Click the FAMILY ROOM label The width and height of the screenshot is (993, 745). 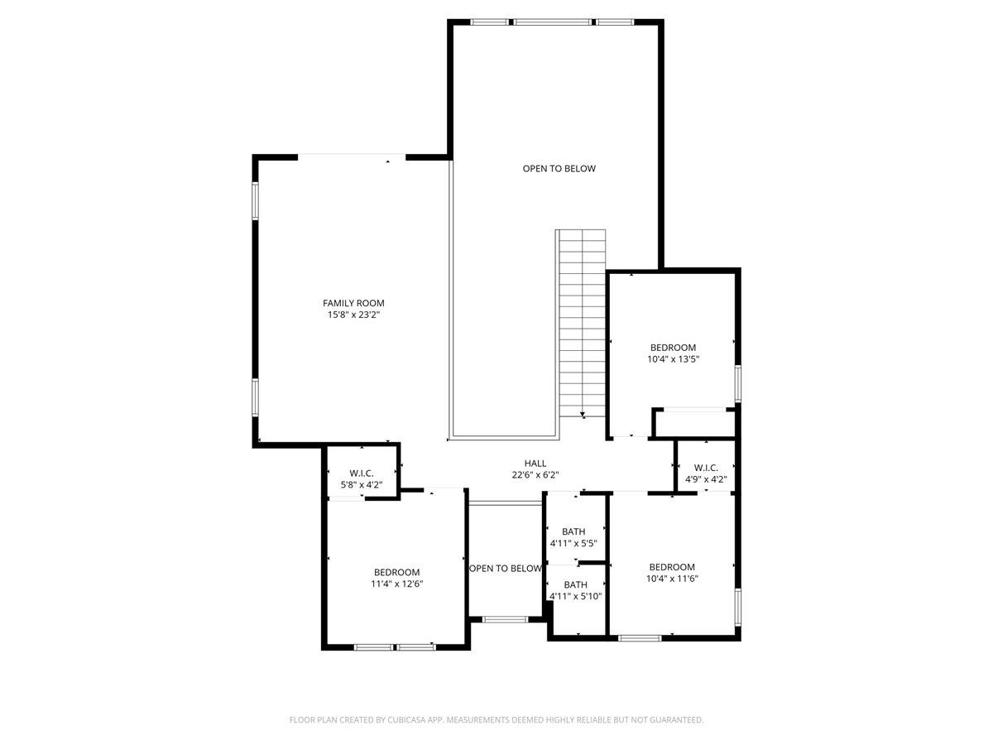tap(353, 303)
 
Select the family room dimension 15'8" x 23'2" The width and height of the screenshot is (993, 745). tap(353, 315)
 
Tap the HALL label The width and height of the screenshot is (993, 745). tap(535, 464)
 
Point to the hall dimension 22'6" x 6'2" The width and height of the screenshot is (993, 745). tap(535, 475)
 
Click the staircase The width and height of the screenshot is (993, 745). tap(582, 323)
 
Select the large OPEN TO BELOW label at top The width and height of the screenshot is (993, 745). tap(559, 169)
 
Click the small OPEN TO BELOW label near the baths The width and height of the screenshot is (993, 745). tap(505, 569)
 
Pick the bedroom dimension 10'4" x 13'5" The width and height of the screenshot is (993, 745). tap(673, 359)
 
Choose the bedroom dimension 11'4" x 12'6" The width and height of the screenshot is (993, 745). tap(396, 584)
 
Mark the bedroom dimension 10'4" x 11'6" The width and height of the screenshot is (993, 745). tap(673, 579)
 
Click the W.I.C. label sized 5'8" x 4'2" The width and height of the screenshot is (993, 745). tap(362, 473)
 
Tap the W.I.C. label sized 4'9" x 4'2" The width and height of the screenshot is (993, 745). tap(706, 468)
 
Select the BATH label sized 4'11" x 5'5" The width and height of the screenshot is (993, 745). tap(573, 531)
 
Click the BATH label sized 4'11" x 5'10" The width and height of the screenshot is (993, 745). tap(576, 584)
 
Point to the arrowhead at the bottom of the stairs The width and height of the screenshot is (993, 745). tap(583, 415)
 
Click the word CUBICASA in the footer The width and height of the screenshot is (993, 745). tap(408, 720)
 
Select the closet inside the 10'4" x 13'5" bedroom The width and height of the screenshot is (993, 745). tap(694, 422)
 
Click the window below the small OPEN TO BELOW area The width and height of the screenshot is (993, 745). tap(506, 618)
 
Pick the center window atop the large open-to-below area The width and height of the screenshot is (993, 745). tap(553, 22)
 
